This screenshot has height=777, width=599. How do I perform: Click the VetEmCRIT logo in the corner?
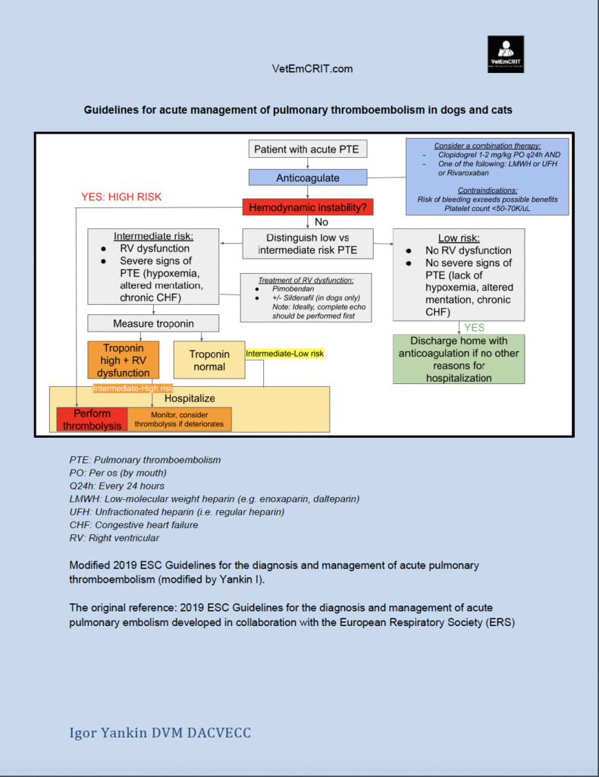pos(506,54)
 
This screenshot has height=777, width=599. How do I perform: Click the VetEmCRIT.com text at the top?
pos(312,69)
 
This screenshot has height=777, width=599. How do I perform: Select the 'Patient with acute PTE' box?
pos(308,149)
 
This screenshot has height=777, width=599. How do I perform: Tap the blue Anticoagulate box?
pos(308,178)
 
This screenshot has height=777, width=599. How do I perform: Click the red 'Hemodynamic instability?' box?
pos(308,206)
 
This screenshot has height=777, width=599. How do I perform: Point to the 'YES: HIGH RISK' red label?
pos(121,197)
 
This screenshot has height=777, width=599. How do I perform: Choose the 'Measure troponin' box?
pos(153,323)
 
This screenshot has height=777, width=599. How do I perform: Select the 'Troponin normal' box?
pos(209,360)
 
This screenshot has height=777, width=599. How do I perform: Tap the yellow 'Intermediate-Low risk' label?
pos(285,354)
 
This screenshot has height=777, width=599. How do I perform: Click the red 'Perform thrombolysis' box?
pos(92,420)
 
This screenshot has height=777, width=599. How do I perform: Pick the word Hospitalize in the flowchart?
pos(190,398)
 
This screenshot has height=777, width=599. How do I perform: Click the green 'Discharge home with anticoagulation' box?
pos(459,360)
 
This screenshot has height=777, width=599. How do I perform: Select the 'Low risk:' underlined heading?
pos(458,238)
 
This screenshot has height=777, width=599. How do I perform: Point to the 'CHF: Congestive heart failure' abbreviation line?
pos(133,524)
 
